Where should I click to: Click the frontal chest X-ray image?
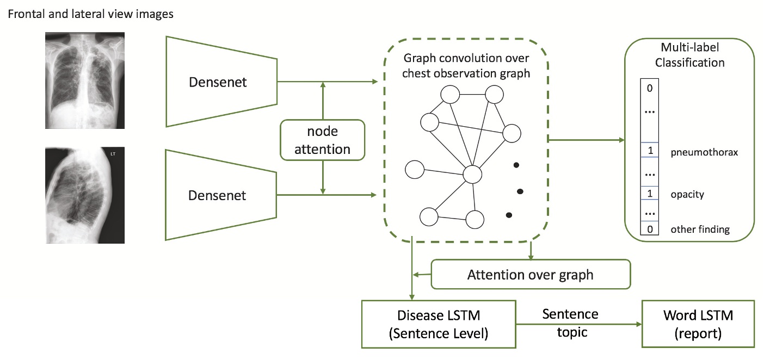pyautogui.click(x=85, y=80)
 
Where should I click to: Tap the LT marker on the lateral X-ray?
pyautogui.click(x=113, y=154)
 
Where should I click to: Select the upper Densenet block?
pyautogui.click(x=218, y=82)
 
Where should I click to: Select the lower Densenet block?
pyautogui.click(x=218, y=195)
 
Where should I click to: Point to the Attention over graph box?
pyautogui.click(x=530, y=275)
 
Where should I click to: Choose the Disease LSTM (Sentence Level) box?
pyautogui.click(x=439, y=324)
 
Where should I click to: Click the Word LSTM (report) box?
pyautogui.click(x=698, y=324)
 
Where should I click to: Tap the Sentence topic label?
pyautogui.click(x=570, y=322)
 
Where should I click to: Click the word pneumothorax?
pyautogui.click(x=704, y=152)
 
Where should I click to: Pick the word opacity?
pyautogui.click(x=687, y=194)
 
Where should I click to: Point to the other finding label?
pyautogui.click(x=700, y=229)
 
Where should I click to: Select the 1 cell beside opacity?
pyautogui.click(x=650, y=194)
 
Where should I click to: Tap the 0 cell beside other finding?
pyautogui.click(x=650, y=229)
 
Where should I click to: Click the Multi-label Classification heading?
pyautogui.click(x=689, y=55)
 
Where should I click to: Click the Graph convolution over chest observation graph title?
pyautogui.click(x=466, y=66)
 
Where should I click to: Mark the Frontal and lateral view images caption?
pyautogui.click(x=90, y=14)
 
